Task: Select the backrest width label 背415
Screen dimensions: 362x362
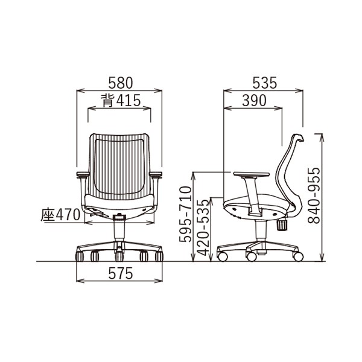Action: (121, 101)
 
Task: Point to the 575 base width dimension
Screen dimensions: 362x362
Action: (120, 273)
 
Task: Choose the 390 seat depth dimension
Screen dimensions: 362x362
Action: (254, 101)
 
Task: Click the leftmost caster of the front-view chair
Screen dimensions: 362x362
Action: (80, 256)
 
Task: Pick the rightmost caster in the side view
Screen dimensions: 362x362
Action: (297, 257)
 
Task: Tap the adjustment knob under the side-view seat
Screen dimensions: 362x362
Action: (282, 225)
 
